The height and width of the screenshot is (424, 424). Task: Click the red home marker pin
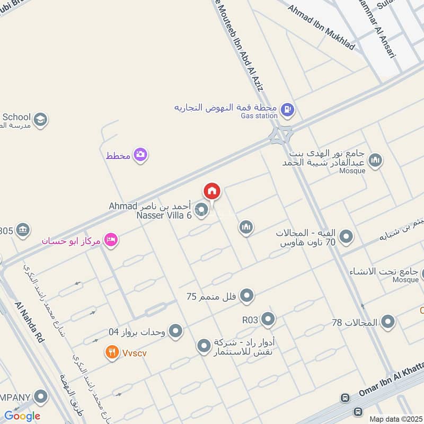[x=212, y=191]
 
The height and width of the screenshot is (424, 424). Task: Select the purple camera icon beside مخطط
[x=140, y=155]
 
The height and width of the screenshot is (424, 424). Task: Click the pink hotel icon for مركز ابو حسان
[x=111, y=240]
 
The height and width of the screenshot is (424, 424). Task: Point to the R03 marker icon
[x=268, y=319]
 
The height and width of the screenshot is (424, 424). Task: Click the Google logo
[x=22, y=416]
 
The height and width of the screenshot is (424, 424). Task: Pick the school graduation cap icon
[x=40, y=120]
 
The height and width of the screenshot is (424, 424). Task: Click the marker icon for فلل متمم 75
[x=247, y=296]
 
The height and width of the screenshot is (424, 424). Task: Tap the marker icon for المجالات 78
[x=388, y=322]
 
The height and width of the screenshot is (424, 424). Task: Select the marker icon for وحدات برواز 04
[x=175, y=332]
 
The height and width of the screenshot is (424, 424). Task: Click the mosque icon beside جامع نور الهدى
[x=375, y=160]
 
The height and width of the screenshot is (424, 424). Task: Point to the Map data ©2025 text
[x=394, y=419]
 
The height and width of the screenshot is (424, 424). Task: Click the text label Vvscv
[x=134, y=352]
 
